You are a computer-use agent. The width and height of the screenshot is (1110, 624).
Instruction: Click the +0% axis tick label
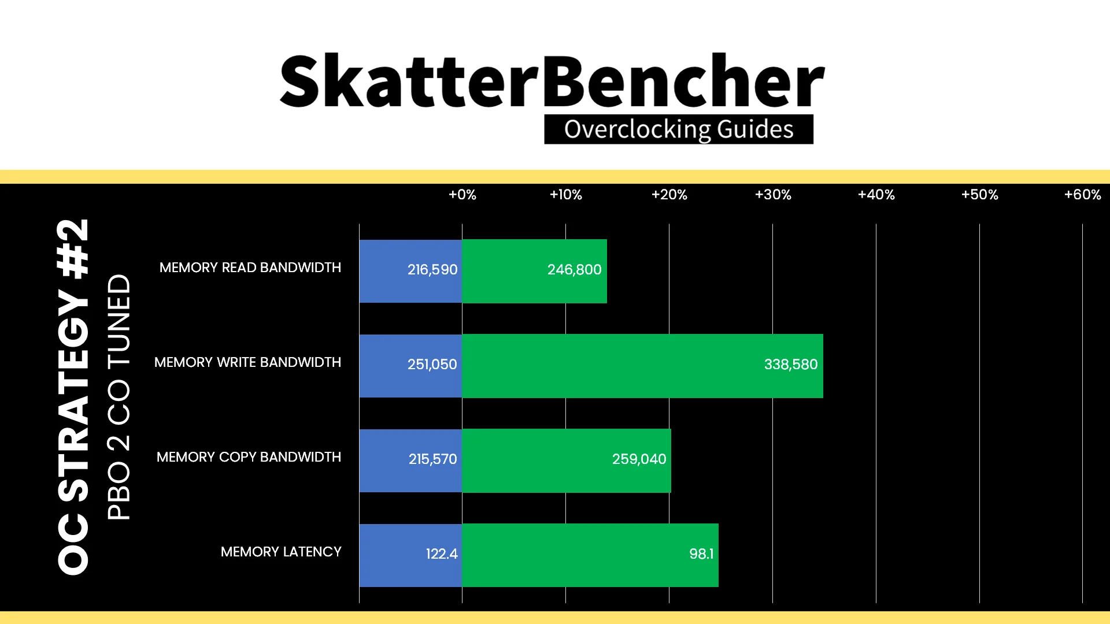tap(462, 195)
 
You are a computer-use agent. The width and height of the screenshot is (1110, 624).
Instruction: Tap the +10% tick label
tap(566, 195)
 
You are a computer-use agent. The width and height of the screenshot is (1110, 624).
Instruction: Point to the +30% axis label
tap(773, 195)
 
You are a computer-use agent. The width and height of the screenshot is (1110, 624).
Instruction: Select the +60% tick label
tap(1083, 195)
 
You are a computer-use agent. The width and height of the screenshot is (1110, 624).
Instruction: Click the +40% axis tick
tap(876, 195)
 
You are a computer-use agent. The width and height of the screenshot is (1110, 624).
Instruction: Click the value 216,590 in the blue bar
tap(432, 269)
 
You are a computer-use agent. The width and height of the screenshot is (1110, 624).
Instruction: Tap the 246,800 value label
tap(575, 269)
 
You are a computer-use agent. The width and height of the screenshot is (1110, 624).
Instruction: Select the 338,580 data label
tap(791, 364)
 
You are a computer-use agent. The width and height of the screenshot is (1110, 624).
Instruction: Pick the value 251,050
tap(432, 364)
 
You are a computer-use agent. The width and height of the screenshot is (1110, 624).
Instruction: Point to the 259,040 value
tap(639, 459)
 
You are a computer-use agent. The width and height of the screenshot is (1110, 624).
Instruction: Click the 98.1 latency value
tap(701, 554)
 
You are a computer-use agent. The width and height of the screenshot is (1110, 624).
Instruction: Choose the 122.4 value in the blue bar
tap(442, 554)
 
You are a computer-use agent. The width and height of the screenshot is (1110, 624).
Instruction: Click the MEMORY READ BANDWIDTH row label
tap(250, 268)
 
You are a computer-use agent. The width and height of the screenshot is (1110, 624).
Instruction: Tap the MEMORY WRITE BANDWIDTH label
tap(247, 362)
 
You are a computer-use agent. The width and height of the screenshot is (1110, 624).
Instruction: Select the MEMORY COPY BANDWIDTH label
tap(249, 457)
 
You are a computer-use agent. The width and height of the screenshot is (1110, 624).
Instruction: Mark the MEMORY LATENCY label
tap(281, 552)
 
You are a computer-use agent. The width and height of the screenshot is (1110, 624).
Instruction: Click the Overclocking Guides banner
tap(679, 129)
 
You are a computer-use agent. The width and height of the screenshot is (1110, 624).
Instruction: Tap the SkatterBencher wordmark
tap(552, 81)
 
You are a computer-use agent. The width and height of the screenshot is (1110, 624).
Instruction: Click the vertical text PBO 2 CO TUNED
tap(119, 397)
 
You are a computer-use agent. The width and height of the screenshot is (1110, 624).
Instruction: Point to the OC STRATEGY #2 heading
tap(73, 397)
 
